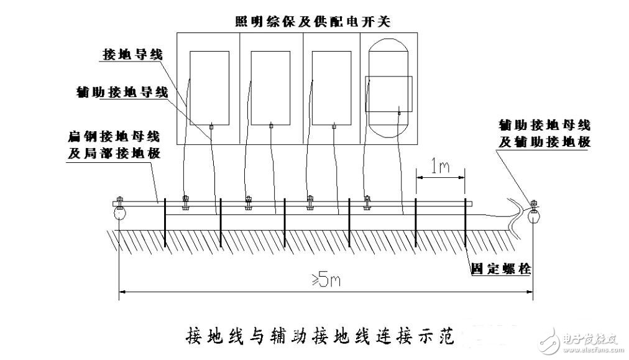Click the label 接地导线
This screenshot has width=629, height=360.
click(x=132, y=55)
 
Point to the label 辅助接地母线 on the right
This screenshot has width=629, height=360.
click(x=544, y=125)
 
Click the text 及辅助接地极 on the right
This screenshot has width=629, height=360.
click(x=544, y=142)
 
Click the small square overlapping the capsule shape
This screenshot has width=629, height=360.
click(x=388, y=94)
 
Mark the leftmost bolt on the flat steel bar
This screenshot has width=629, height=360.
click(x=185, y=203)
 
